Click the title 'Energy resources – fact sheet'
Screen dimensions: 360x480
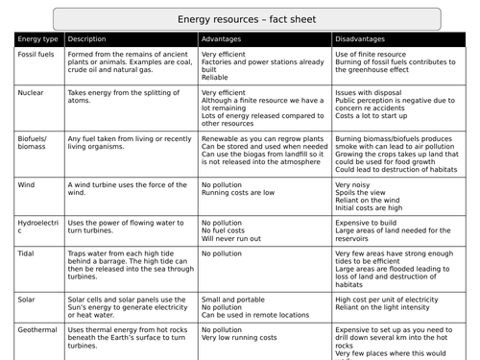(x=239, y=17)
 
